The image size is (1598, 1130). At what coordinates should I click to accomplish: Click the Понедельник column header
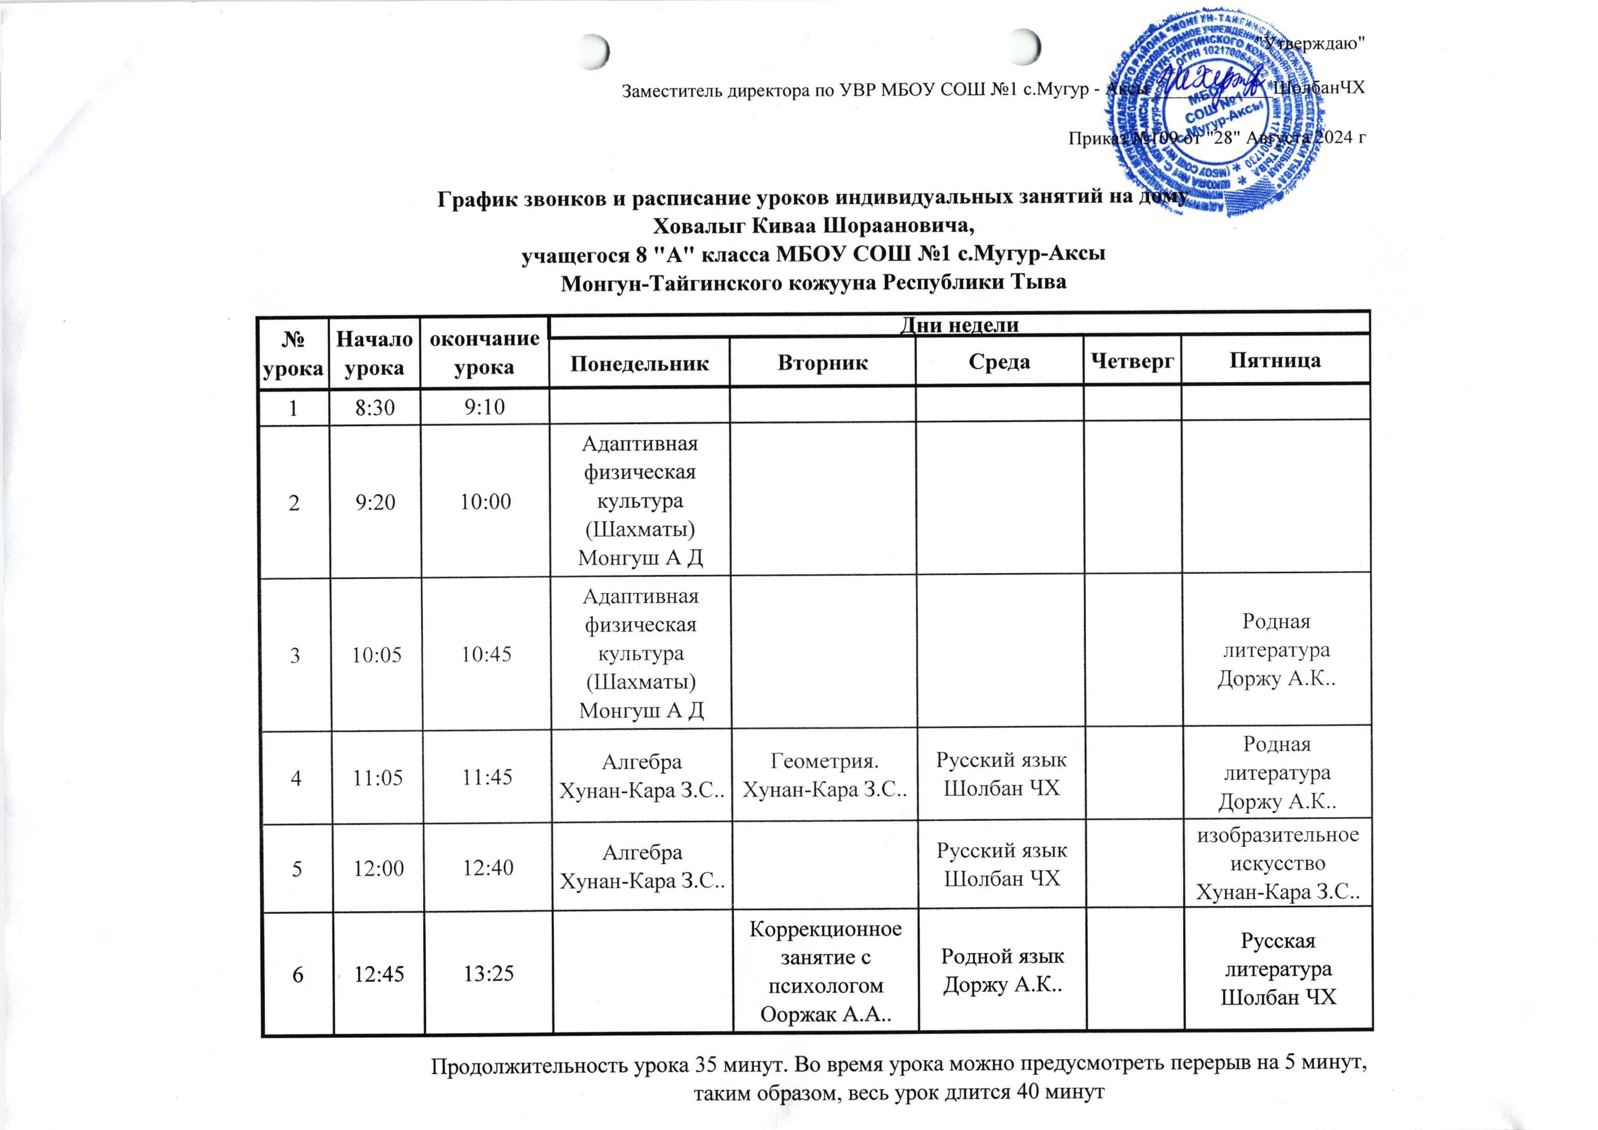pyautogui.click(x=639, y=362)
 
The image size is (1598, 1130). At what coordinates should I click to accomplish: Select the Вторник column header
pyautogui.click(x=822, y=362)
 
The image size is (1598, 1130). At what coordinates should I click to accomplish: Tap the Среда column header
pyautogui.click(x=999, y=361)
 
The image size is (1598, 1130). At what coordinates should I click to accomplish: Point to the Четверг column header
pyautogui.click(x=1132, y=360)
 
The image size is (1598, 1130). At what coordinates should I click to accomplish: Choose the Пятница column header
pyautogui.click(x=1274, y=360)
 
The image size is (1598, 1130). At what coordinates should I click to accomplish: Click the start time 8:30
pyautogui.click(x=375, y=407)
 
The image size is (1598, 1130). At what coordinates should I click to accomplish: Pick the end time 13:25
pyautogui.click(x=488, y=973)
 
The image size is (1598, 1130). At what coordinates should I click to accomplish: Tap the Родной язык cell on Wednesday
pyautogui.click(x=1002, y=971)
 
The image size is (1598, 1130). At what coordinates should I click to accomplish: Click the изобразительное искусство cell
pyautogui.click(x=1277, y=863)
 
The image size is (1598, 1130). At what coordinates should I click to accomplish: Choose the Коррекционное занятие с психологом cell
pyautogui.click(x=825, y=971)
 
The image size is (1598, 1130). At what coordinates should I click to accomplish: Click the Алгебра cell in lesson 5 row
pyautogui.click(x=642, y=866)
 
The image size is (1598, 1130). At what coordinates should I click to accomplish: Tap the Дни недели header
pyautogui.click(x=959, y=325)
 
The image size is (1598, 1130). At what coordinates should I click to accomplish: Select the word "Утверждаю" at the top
pyautogui.click(x=1312, y=43)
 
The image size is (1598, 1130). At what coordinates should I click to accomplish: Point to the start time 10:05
pyautogui.click(x=376, y=655)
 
